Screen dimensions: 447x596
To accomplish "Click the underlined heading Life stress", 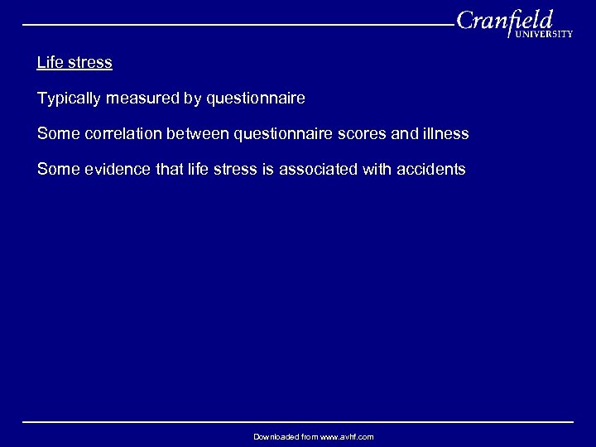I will [x=74, y=63].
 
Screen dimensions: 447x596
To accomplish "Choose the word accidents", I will [x=431, y=170].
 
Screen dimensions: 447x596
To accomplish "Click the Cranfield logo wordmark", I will [x=505, y=20].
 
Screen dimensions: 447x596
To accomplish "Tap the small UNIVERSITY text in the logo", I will [x=544, y=35].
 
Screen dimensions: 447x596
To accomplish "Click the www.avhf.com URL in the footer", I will [x=347, y=436].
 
